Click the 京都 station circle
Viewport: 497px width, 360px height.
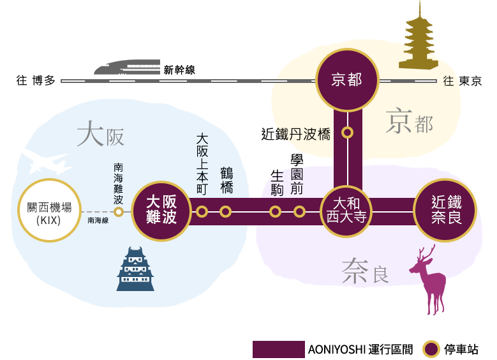pyautogui.click(x=348, y=80)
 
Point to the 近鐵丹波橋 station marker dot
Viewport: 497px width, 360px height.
pyautogui.click(x=347, y=133)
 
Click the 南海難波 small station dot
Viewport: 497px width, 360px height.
pyautogui.click(x=118, y=212)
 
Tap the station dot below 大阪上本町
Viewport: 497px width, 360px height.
pyautogui.click(x=202, y=212)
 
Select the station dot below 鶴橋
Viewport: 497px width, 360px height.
pyautogui.click(x=225, y=212)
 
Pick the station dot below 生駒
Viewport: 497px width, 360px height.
pyautogui.click(x=276, y=212)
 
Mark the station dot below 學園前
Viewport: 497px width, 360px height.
pyautogui.click(x=299, y=212)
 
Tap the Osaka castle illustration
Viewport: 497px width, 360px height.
pyautogui.click(x=135, y=270)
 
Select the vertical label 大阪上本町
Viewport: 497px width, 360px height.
pyautogui.click(x=202, y=163)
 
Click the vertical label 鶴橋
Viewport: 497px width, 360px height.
pyautogui.click(x=226, y=179)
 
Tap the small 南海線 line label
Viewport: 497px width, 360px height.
pyautogui.click(x=98, y=220)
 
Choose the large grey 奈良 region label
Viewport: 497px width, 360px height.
pyautogui.click(x=364, y=271)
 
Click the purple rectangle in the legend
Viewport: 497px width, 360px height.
pyautogui.click(x=277, y=349)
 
